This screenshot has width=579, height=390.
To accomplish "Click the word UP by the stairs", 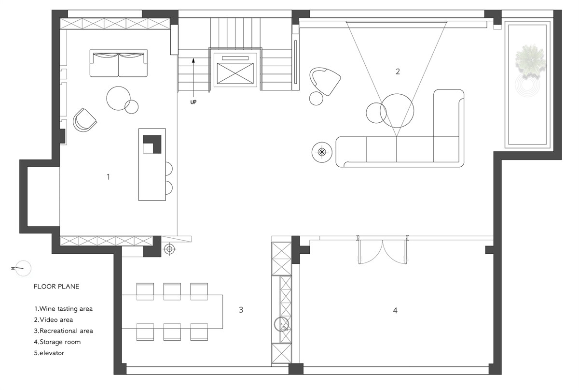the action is point(193,102).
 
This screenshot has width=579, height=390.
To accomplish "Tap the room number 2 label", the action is point(398,72).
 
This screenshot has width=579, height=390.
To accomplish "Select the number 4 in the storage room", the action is point(395,310).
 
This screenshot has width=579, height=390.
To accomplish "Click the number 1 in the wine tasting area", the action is point(108,177).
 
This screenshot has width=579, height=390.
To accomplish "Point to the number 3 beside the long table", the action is point(241,310).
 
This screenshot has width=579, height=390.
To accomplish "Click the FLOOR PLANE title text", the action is point(56,287).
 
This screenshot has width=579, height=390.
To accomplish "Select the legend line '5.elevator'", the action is point(49,353).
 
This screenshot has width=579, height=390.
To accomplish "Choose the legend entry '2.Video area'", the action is point(54,320).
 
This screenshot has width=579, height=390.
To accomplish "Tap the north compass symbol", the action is point(23,268).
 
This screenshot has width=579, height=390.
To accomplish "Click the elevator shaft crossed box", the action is point(235,73).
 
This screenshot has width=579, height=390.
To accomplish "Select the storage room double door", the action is point(382,250).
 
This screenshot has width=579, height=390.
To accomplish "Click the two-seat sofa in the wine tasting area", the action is point(119,63).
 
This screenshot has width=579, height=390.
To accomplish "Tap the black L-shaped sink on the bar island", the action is point(152,144).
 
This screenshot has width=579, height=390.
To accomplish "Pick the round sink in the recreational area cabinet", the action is point(281,324).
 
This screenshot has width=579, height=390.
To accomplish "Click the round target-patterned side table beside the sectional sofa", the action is point(322,152).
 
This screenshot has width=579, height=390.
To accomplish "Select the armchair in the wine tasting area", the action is point(84,120).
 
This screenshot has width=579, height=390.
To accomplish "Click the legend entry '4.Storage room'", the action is point(57,342).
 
